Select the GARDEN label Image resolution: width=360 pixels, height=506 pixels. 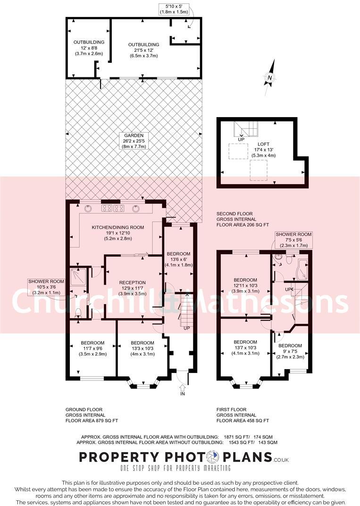tap(134, 141)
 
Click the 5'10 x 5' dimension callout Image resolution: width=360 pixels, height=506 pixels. tap(173, 8)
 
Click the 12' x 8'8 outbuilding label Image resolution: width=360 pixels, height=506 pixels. tap(89, 48)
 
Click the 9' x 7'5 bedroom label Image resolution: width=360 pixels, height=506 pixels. tap(290, 351)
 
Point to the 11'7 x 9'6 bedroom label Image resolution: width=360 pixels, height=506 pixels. tap(92, 348)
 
